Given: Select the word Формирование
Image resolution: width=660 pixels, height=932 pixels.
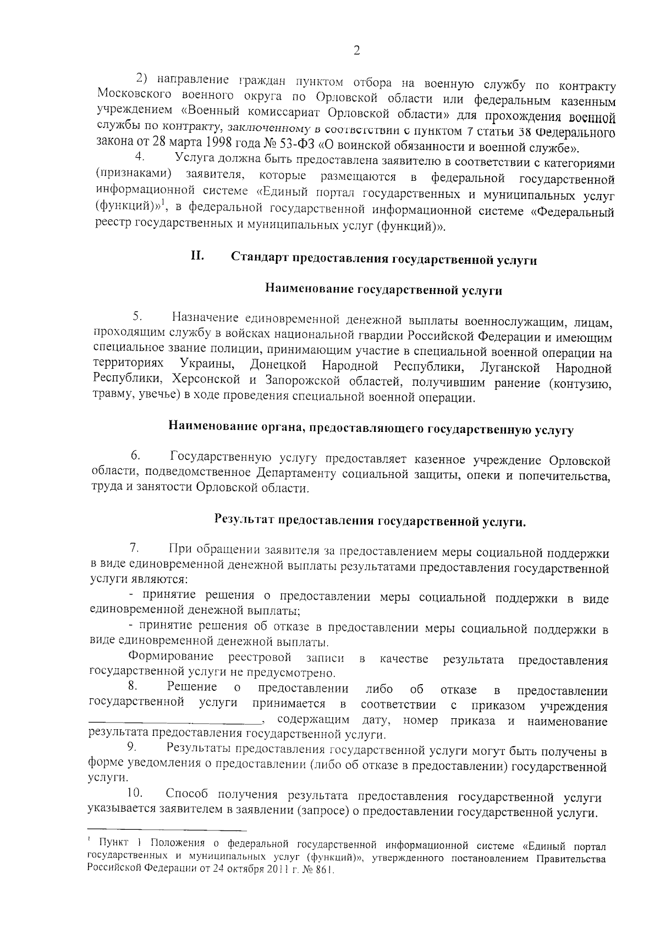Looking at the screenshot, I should [171, 657].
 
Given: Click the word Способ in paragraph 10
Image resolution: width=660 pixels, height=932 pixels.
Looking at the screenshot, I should [188, 795].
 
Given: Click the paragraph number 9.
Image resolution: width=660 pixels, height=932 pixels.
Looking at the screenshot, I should [132, 747].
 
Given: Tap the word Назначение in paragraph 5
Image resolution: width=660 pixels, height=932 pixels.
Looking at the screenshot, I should [205, 318].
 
